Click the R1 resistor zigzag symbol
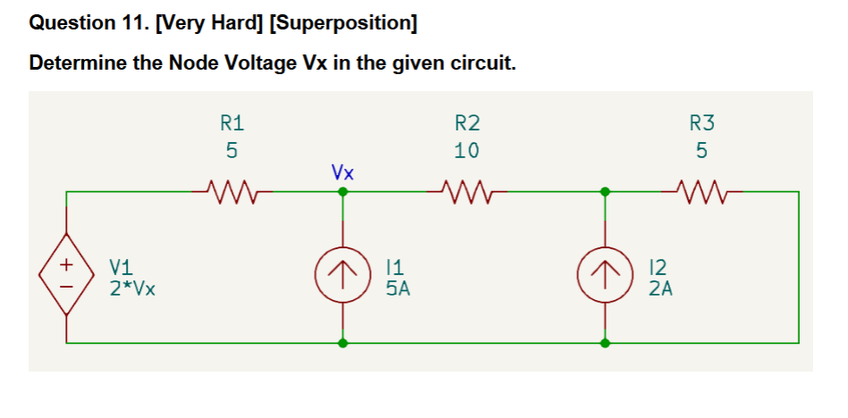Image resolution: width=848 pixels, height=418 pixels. coord(231,190)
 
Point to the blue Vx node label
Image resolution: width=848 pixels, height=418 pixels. coord(341,171)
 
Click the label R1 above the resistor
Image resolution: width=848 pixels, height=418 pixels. coord(231,122)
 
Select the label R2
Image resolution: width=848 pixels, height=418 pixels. coord(466,122)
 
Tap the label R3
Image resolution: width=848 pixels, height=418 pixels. coord(702,122)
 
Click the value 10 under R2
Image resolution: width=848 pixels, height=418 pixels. coord(466,150)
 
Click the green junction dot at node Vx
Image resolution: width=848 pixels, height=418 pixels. coord(341,191)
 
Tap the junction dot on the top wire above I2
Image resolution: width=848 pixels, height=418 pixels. coord(605,191)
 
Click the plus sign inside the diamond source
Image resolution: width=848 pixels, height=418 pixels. coord(66,264)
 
